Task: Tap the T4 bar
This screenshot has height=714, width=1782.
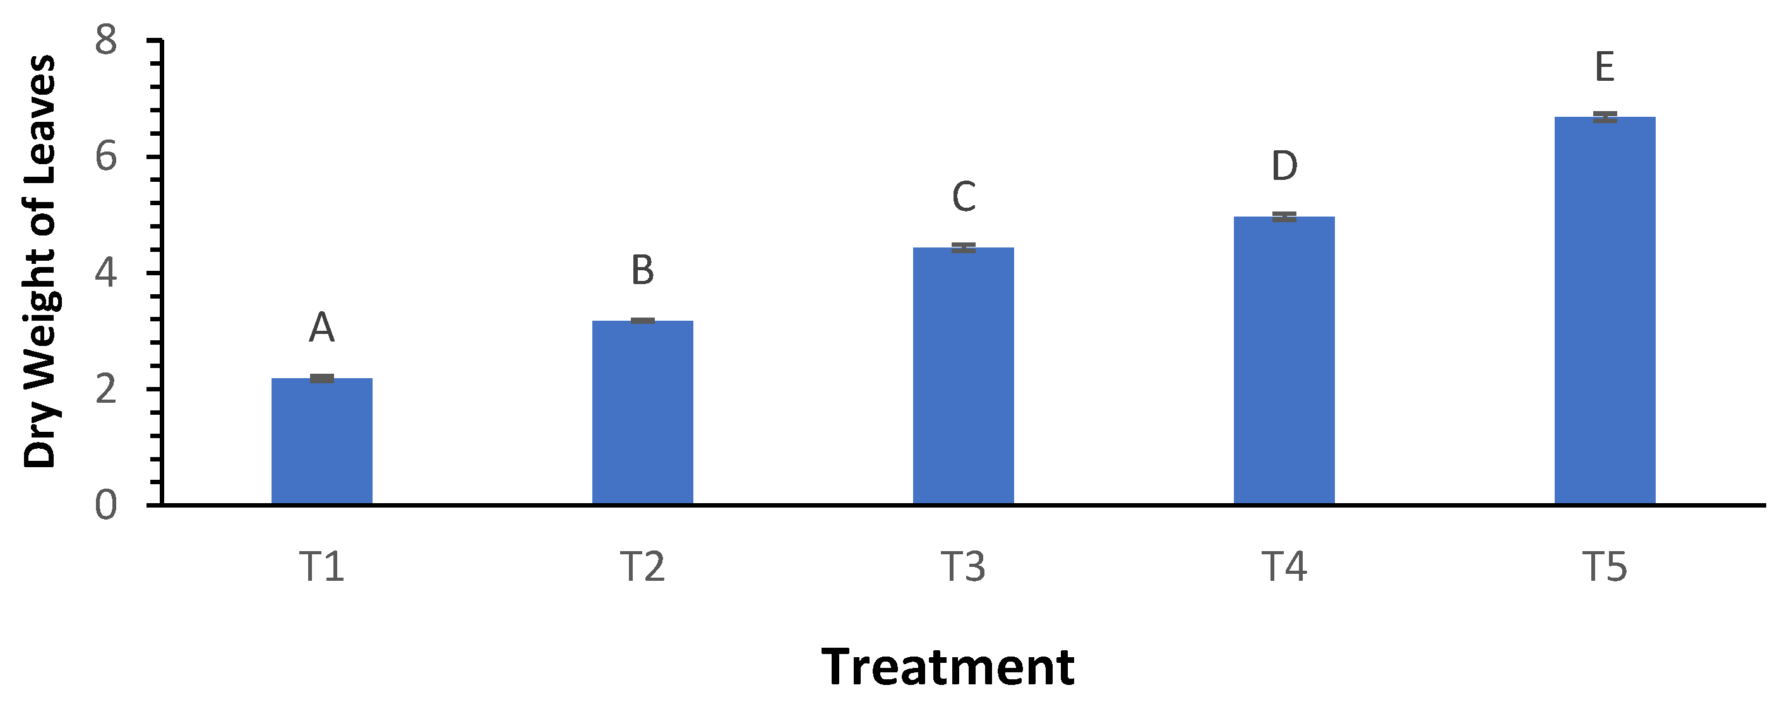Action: tap(1284, 360)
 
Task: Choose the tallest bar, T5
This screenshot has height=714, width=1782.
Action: tap(1605, 311)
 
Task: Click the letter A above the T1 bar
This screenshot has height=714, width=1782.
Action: tap(321, 328)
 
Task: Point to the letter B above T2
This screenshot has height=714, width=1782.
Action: tap(643, 271)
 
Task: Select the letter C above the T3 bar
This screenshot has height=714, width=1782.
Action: tap(964, 197)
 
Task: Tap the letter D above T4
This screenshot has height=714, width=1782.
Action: tap(1284, 167)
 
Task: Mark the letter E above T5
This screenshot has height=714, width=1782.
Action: tap(1605, 68)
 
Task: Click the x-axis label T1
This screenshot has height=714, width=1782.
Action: tap(321, 567)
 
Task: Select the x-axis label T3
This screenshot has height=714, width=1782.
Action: tap(964, 567)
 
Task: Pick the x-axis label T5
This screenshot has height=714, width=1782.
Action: tap(1605, 567)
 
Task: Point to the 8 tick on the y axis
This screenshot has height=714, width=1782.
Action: tap(107, 41)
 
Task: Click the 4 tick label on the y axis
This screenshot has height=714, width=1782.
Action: tap(107, 273)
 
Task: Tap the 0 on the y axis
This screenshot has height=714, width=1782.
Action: tap(107, 506)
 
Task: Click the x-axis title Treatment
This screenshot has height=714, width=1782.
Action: tap(948, 668)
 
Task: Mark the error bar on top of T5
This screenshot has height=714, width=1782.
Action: tap(1605, 117)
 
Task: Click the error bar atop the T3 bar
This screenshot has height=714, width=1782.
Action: tap(964, 247)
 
